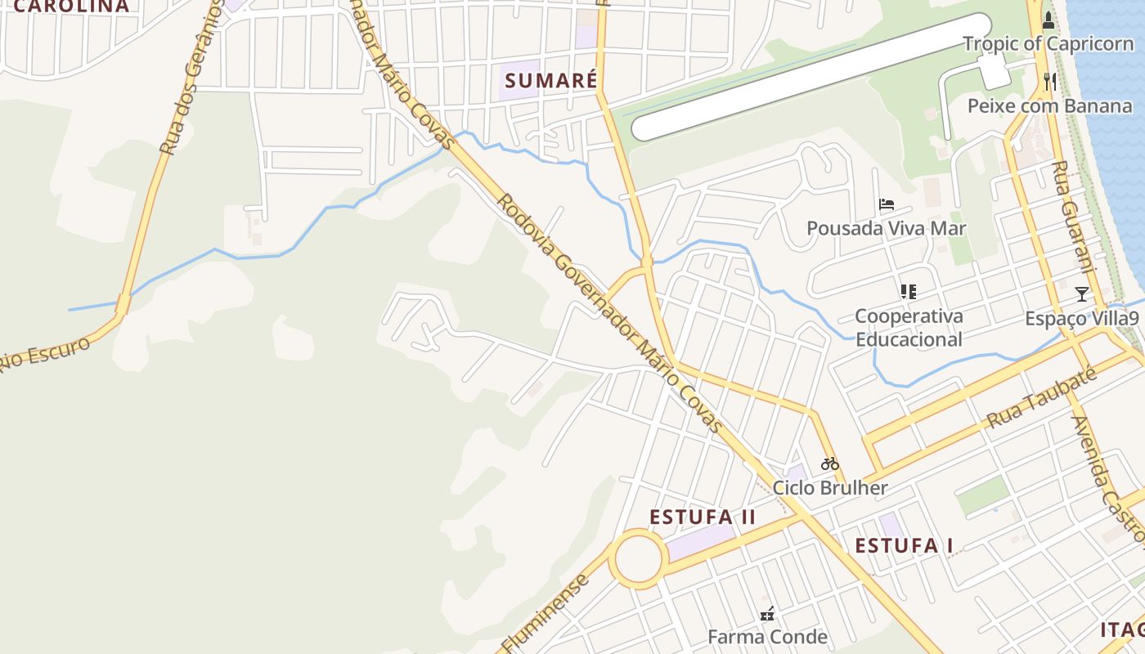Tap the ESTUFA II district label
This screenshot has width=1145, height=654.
point(703,517)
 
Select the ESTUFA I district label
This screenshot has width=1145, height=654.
point(905,546)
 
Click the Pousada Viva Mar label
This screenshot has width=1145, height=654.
point(887,228)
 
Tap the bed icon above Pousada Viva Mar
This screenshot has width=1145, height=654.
point(887,204)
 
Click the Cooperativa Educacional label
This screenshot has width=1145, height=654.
point(909,328)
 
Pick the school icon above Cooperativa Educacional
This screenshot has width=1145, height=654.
point(908,291)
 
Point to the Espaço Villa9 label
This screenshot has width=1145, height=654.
point(1081,319)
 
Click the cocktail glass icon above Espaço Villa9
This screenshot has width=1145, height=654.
point(1082,294)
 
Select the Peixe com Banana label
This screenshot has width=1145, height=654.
point(1050,106)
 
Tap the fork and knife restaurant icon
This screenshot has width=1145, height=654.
point(1051,81)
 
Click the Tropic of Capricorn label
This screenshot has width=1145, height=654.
point(1048,44)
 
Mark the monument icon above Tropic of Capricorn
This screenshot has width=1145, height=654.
point(1048,20)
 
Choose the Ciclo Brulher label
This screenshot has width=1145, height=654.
point(830,489)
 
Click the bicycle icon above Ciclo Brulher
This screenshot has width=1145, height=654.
point(830,464)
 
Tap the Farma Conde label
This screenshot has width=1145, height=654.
point(767,637)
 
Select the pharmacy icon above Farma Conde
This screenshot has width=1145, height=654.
point(767,613)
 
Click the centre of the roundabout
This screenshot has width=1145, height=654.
point(638,559)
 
